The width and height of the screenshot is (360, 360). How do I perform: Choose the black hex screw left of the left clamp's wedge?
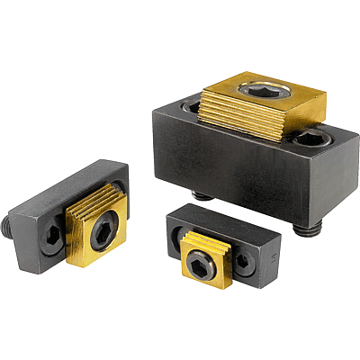click(x=53, y=238)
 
